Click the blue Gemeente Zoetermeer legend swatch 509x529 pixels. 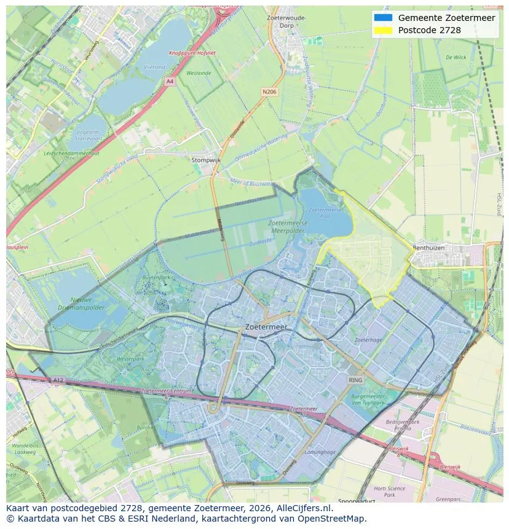click(x=382, y=18)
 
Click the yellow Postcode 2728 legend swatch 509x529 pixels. click(x=382, y=30)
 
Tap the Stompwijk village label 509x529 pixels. click(x=205, y=160)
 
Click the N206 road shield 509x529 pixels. click(x=269, y=92)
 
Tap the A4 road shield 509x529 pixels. click(x=170, y=80)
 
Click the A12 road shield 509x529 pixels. click(x=58, y=380)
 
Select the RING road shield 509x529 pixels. click(x=355, y=380)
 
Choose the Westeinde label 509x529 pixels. click(x=199, y=72)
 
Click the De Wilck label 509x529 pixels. click(x=456, y=57)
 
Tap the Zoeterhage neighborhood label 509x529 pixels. click(x=368, y=340)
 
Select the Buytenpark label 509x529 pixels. click(x=156, y=278)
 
